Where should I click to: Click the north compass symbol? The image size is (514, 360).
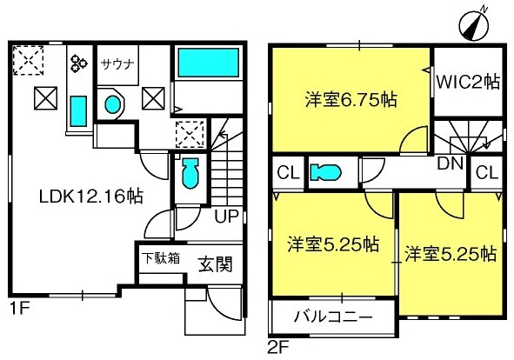coord(474,26)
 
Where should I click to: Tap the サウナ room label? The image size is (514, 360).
coord(118,63)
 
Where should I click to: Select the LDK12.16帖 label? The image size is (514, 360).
coord(90,197)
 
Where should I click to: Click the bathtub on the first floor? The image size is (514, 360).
coord(208,63)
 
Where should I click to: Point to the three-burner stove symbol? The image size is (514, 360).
coord(79,63)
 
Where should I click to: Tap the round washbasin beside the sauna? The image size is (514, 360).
coord(113,104)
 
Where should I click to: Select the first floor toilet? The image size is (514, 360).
coord(190,173)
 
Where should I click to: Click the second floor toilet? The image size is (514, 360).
coord(326,172)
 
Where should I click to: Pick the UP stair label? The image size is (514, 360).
coord(226,216)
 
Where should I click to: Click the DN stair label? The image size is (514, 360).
coord(451,163)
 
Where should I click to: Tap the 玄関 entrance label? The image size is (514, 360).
coord(216,264)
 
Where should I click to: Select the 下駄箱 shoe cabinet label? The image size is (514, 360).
coord(161,258)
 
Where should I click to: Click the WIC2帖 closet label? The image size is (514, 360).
coord(469,82)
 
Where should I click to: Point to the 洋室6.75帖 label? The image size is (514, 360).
coord(350,99)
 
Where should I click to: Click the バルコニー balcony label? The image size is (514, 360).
coord(333,317)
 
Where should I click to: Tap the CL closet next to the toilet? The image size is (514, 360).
coord(289,172)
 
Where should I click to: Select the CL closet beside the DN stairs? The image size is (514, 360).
coord(487,172)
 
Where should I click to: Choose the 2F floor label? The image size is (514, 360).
coord(279,348)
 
